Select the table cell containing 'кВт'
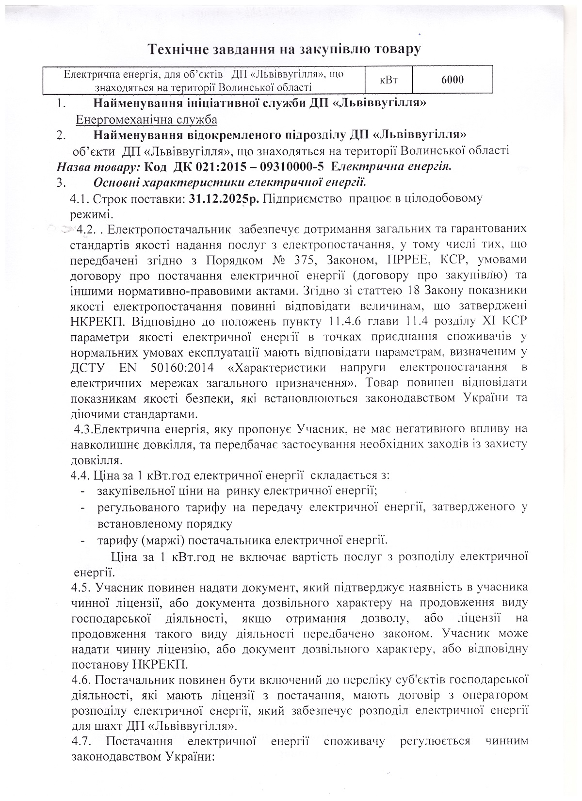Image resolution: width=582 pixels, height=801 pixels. pos(388,80)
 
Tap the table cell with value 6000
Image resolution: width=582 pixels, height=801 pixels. pos(452,80)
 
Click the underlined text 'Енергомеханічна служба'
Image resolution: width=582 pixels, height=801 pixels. pos(146,119)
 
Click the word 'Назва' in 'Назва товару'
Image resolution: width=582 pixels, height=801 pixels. pos(73,166)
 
